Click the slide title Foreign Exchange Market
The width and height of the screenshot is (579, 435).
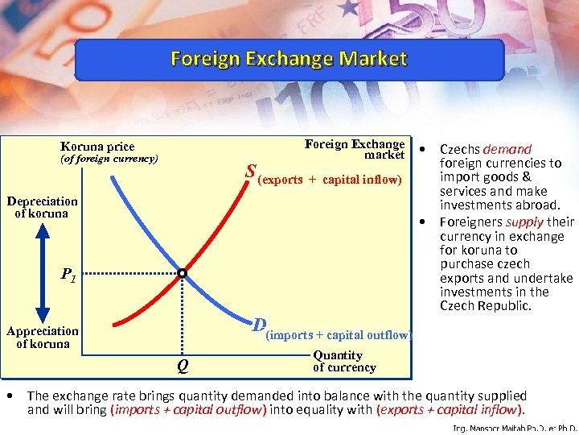tap(289, 60)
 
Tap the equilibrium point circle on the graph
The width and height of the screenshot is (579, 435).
tap(182, 274)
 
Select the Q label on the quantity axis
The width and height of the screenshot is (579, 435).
tap(183, 369)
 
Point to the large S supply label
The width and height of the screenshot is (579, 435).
tap(251, 172)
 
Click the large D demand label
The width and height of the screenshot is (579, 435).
tap(258, 325)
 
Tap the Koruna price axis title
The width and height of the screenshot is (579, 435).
tap(97, 147)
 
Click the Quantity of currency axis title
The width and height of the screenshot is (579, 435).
tap(344, 361)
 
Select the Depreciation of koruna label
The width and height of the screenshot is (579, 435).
tap(43, 207)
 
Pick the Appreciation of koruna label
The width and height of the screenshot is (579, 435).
tap(43, 337)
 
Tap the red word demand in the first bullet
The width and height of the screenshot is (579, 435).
tap(507, 149)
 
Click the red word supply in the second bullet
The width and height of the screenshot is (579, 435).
tap(525, 222)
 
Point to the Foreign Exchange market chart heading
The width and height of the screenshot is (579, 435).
tap(355, 149)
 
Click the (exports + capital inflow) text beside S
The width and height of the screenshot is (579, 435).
tap(331, 179)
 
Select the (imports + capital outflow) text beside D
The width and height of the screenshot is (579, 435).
tap(339, 335)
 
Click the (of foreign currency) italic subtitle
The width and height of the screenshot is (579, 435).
tap(109, 159)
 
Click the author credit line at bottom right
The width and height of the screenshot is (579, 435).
tap(515, 429)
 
